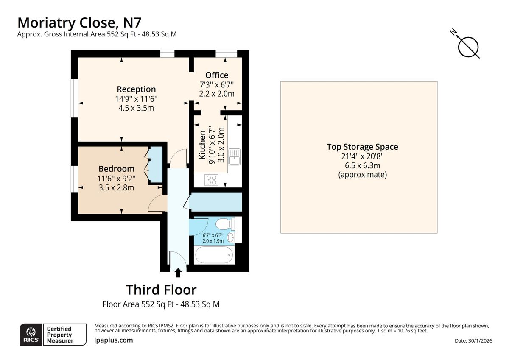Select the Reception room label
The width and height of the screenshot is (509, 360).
[136, 89]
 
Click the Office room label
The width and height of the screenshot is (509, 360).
[217, 75]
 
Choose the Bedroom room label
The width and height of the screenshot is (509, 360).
[116, 168]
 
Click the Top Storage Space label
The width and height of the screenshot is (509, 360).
[362, 147]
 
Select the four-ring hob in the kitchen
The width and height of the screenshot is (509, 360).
[212, 180]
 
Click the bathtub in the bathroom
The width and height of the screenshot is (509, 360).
[214, 256]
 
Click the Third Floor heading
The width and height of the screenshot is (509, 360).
[161, 290]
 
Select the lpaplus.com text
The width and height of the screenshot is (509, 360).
[113, 340]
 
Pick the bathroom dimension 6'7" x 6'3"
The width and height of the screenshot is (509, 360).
[213, 235]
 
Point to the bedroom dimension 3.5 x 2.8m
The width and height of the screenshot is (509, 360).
[116, 187]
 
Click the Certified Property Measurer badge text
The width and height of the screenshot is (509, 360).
[59, 335]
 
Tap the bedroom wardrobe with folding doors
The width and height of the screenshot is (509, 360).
[155, 165]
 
